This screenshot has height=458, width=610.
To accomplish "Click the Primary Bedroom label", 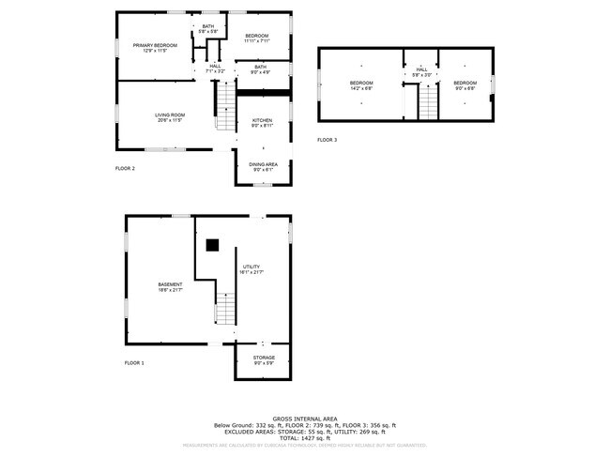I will (155, 48).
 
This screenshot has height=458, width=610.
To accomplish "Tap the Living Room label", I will (169, 117).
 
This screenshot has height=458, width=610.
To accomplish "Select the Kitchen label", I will (263, 123).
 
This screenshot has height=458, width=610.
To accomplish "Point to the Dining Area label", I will (263, 167).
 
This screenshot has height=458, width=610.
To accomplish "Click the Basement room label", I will (170, 286).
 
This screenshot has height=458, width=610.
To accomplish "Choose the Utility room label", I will (252, 270).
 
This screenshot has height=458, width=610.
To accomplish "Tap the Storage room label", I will (264, 359).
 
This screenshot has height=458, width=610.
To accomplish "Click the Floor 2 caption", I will (125, 169).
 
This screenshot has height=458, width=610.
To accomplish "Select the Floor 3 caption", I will (327, 140).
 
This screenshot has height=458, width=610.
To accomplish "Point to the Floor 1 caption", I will (134, 362).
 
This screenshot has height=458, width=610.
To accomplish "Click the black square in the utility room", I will (213, 245).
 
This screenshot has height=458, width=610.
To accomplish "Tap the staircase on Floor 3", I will (428, 100).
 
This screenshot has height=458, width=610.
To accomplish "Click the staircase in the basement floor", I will (224, 310).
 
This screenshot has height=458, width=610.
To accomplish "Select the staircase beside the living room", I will (225, 105).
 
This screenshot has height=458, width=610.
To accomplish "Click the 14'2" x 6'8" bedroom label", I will (361, 85).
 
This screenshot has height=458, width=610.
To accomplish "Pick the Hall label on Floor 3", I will (421, 71).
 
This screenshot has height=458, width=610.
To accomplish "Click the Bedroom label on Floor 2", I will (256, 38).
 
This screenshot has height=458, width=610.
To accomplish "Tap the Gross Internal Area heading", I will (305, 419).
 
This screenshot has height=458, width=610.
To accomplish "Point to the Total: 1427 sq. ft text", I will (305, 438).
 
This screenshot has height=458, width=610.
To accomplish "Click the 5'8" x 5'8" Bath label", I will (207, 29).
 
